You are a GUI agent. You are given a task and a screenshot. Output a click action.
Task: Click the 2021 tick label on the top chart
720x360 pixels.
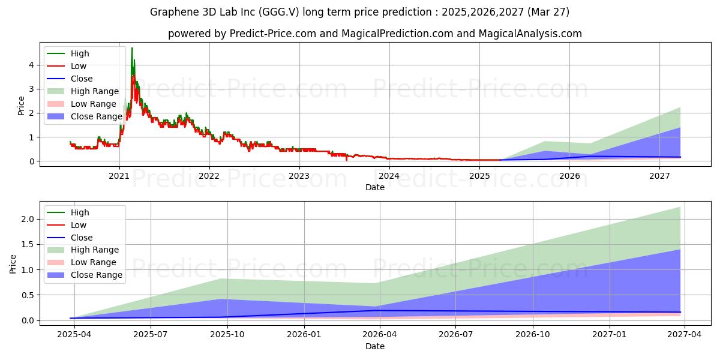(x=119, y=176)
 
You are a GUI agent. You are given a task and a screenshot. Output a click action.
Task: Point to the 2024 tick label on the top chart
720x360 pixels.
(x=389, y=176)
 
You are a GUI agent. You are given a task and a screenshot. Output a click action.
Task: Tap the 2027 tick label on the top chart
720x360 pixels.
(x=660, y=176)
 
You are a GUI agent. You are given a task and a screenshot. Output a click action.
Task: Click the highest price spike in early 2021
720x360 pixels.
(x=132, y=48)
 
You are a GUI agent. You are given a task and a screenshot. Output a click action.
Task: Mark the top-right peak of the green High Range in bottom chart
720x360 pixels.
(x=680, y=207)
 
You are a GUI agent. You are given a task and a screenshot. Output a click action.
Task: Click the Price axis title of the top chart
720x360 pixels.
(x=21, y=106)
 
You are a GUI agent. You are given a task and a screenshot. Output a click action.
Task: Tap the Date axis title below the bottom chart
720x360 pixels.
(x=375, y=346)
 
